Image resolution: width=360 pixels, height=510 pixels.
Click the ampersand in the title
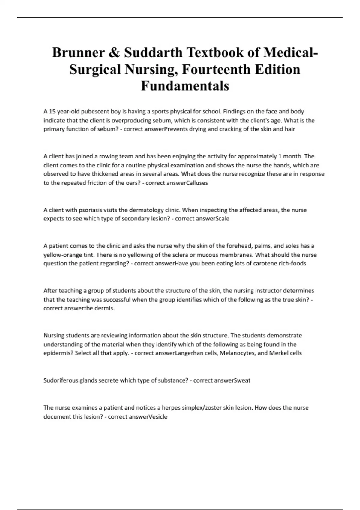114,53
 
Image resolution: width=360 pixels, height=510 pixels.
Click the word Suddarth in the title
153,53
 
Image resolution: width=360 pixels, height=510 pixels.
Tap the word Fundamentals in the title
185,86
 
